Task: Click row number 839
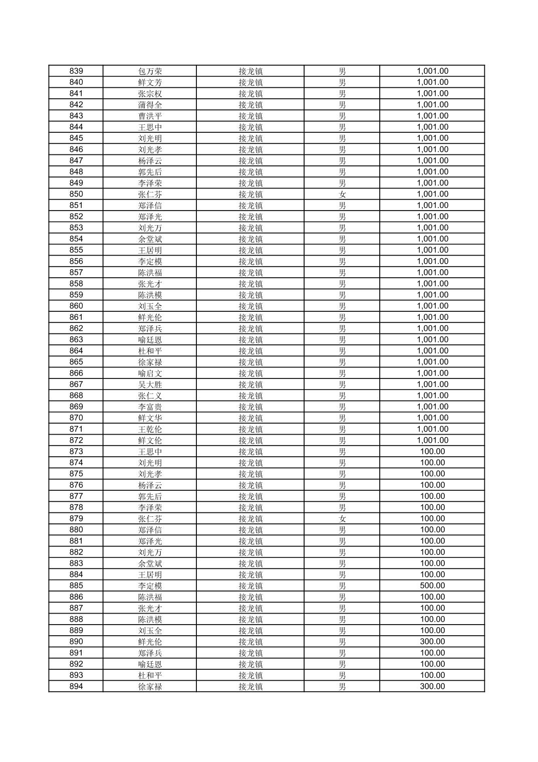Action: [76, 71]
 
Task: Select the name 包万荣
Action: [150, 71]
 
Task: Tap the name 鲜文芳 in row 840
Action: [150, 82]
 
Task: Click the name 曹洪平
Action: [150, 116]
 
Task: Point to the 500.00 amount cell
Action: [432, 586]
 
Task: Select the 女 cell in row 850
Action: [342, 194]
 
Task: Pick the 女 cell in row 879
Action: [342, 518]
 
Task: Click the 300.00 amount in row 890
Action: [432, 642]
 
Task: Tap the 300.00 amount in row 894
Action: [432, 686]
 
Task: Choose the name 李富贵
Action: [150, 407]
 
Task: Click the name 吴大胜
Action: [150, 385]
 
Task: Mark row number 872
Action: [76, 440]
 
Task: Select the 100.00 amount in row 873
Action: [432, 451]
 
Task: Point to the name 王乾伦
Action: [150, 429]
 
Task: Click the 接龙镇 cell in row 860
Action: [250, 306]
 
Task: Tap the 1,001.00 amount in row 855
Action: [432, 250]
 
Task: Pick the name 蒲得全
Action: [150, 105]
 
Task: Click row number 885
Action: [76, 586]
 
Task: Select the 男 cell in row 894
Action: [342, 686]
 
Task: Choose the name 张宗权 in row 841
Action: [150, 93]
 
